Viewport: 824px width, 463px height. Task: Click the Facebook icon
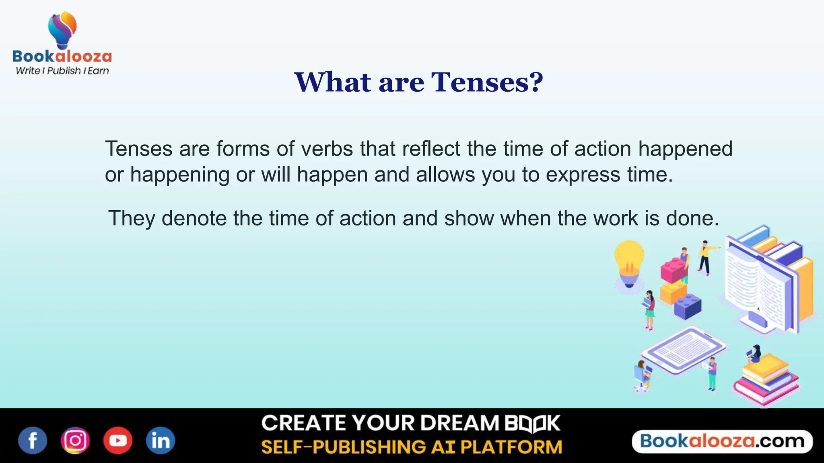(x=33, y=440)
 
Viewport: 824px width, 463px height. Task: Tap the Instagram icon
(x=75, y=440)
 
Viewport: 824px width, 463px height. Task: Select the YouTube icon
(x=118, y=440)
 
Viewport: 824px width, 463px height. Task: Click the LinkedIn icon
(x=160, y=440)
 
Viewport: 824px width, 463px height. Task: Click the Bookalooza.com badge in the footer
(x=722, y=441)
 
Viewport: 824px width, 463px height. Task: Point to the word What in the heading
(x=333, y=82)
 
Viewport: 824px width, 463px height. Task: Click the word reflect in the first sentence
(x=431, y=149)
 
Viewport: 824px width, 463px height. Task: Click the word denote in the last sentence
(x=194, y=219)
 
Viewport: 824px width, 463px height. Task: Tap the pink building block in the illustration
(x=674, y=269)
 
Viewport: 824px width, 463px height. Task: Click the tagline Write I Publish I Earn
(x=62, y=71)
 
